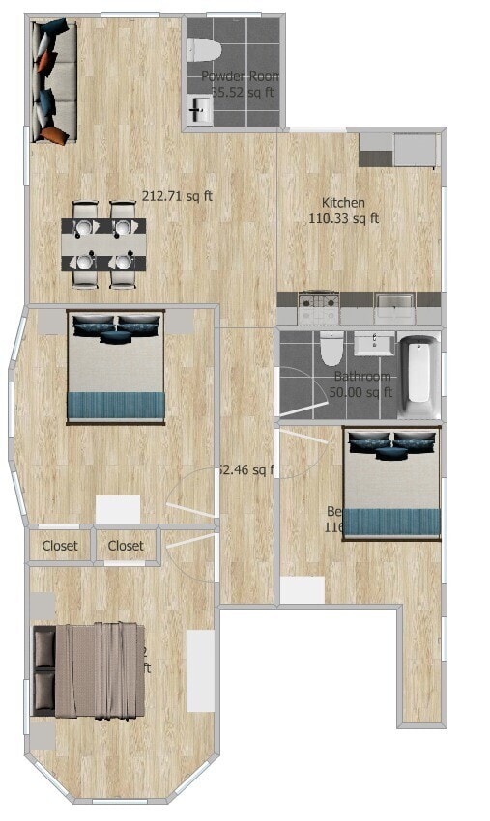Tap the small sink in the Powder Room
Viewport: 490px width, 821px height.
[200, 109]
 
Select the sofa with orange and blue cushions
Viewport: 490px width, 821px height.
[52, 82]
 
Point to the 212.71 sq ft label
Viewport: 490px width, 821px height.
[178, 195]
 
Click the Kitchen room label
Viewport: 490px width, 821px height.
[343, 203]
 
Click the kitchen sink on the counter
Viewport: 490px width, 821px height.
[394, 308]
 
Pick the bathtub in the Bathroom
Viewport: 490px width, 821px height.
[418, 373]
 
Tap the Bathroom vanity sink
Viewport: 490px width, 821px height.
[373, 344]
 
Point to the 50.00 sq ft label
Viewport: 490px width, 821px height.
[360, 392]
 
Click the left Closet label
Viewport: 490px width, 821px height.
[60, 546]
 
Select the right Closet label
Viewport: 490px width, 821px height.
[126, 546]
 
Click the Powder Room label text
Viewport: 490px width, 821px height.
[241, 76]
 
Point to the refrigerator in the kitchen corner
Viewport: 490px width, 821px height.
[415, 150]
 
